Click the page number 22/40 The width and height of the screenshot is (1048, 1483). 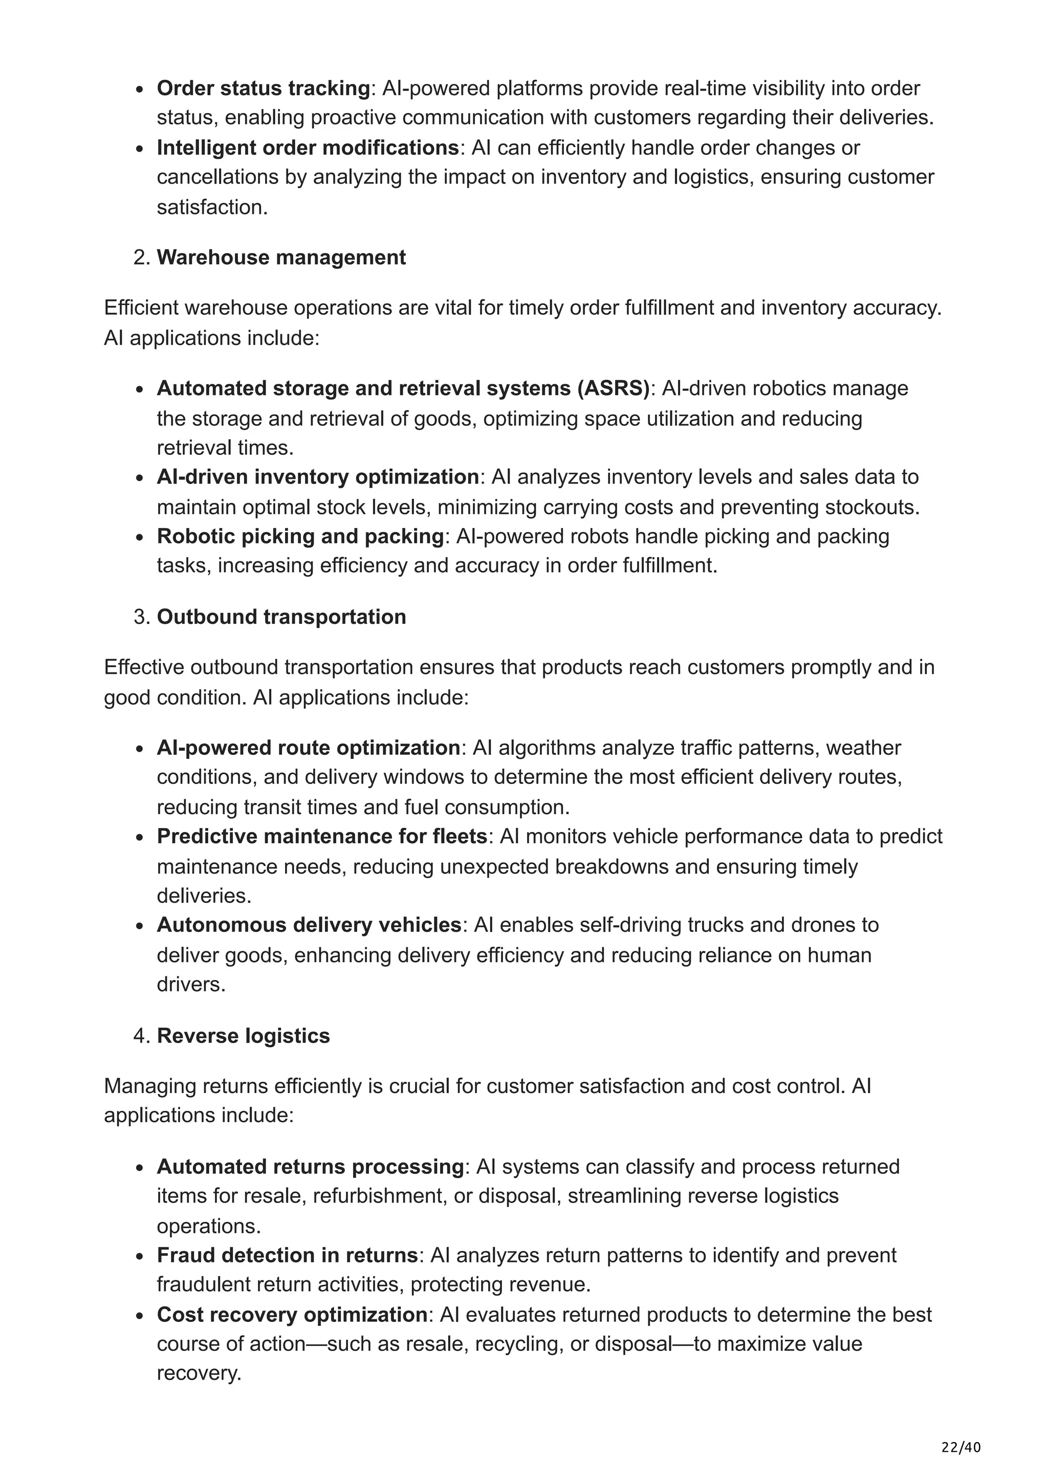click(960, 1447)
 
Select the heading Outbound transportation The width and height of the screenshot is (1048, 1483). click(281, 617)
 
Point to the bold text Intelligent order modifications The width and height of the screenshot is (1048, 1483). click(308, 148)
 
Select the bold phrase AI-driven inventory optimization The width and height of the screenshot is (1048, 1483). click(318, 477)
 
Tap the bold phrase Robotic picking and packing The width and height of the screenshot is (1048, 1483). click(300, 537)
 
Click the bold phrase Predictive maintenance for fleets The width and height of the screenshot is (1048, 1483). click(321, 837)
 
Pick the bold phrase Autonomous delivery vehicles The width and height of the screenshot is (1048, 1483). click(309, 925)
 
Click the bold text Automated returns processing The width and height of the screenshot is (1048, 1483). click(311, 1167)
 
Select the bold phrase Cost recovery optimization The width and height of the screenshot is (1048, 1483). click(292, 1315)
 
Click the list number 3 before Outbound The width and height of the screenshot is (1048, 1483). click(141, 617)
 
